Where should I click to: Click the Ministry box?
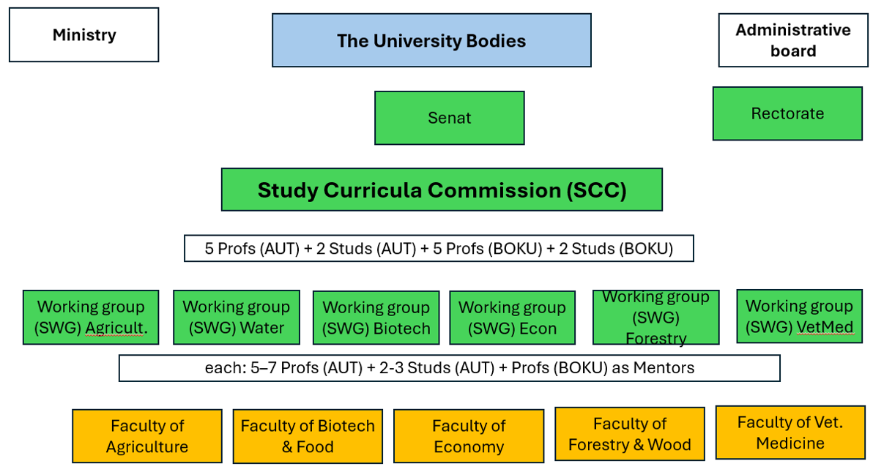coord(84,35)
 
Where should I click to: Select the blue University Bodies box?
coord(431,40)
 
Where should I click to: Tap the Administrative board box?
coord(793,40)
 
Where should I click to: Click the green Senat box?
coord(449,118)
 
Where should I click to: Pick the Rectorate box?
coord(787,113)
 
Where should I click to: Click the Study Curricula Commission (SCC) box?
coord(442,190)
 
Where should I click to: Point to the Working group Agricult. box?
coord(91,317)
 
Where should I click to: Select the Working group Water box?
coord(236,317)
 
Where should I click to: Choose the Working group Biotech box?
coord(376,318)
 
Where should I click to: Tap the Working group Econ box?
coord(512,318)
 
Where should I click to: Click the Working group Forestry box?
coord(655,317)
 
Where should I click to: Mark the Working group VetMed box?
coord(799,316)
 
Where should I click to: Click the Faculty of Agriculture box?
coord(146,436)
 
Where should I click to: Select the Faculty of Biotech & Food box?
coord(308,436)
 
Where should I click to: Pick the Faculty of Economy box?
coord(469,436)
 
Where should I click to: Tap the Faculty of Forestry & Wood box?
coord(630,434)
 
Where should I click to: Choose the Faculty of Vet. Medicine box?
coord(790,432)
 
